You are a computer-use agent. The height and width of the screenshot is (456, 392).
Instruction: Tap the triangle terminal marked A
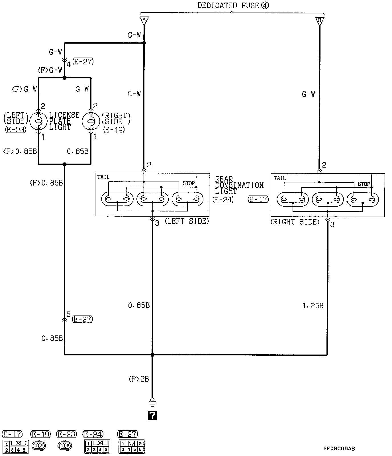[144, 21]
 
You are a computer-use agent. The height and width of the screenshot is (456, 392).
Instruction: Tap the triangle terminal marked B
[319, 21]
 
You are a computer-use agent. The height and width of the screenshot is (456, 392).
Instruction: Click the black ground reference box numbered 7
[152, 415]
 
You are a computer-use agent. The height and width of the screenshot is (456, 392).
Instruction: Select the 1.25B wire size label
[313, 306]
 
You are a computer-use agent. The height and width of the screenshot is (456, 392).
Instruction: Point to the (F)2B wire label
[138, 379]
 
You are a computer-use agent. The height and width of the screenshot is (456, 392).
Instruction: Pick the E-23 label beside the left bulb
[15, 130]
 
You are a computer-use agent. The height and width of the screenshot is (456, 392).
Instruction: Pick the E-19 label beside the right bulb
[114, 130]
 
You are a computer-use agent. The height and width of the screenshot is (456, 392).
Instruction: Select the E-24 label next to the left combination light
[223, 199]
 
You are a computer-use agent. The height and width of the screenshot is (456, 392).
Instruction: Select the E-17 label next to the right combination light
[258, 199]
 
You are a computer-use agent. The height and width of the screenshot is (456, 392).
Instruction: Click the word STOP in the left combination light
[189, 183]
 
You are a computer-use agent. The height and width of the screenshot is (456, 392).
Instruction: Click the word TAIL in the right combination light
[280, 178]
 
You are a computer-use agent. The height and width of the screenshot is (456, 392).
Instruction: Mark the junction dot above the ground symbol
[152, 355]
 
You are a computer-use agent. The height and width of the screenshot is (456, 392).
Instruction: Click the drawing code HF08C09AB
[339, 448]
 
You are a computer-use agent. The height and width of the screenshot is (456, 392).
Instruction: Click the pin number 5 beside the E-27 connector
[68, 314]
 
